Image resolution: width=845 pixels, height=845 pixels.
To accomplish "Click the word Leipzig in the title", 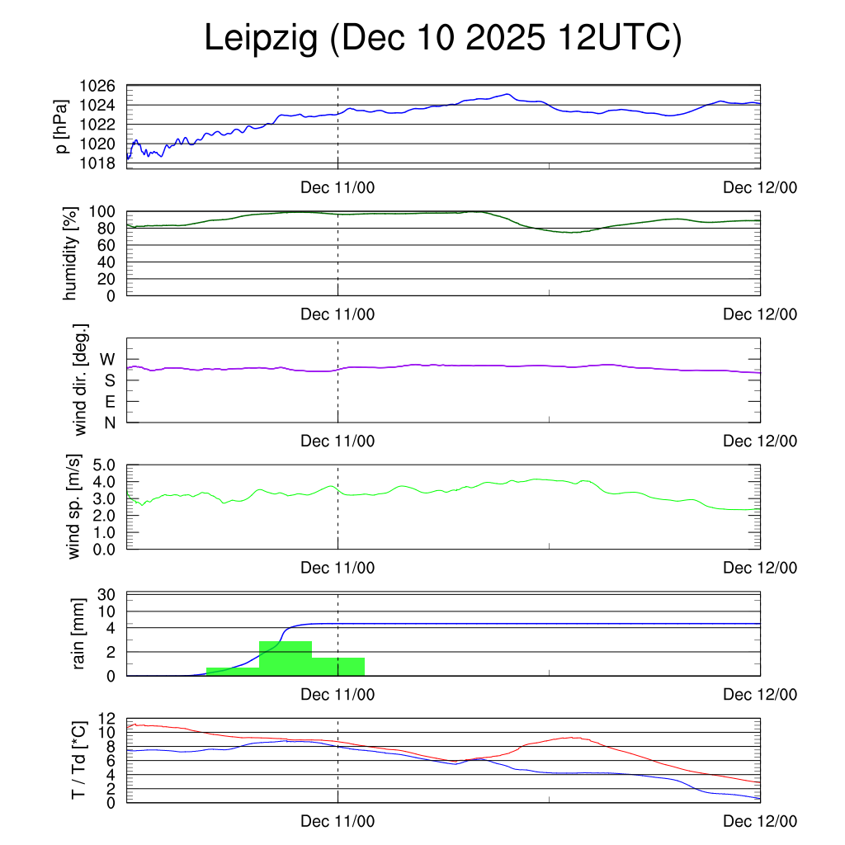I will coord(261,39).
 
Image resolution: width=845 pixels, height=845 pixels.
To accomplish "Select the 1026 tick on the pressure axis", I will coord(97,86).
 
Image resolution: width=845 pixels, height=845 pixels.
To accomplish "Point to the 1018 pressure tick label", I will coord(97,163).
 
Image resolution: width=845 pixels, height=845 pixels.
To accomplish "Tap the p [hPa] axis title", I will coord(62,125).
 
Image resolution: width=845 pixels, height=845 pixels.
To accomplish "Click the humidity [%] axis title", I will coord(70,253).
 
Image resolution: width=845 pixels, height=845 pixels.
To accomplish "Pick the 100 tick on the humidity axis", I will coord(102,212).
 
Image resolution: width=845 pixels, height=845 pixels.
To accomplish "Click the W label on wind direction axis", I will coord(108,359).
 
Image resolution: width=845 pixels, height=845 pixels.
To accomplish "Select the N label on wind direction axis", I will coord(109,422).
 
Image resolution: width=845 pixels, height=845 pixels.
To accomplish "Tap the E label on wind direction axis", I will coord(109,402).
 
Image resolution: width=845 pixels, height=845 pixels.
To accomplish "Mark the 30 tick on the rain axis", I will coord(106,595).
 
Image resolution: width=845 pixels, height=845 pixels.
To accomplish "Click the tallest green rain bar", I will coord(286,658).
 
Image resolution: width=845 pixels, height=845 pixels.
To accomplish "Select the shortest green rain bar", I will coord(233,671).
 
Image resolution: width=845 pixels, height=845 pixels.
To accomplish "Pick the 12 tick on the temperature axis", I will coord(106,719).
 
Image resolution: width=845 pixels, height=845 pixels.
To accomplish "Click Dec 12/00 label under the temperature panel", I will coord(759,821).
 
